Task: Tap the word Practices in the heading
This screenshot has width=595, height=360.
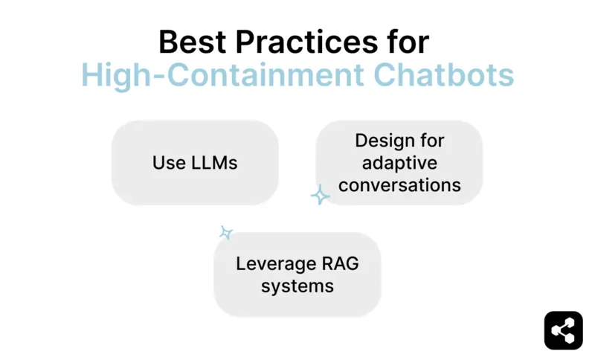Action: (x=305, y=42)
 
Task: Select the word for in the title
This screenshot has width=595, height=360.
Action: (x=406, y=42)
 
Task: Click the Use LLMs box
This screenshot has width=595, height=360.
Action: (x=195, y=163)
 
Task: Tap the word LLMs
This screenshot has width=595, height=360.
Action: (x=213, y=163)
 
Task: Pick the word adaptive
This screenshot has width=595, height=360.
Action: (x=399, y=163)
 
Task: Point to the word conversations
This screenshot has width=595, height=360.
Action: (x=399, y=184)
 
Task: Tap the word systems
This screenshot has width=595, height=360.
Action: (x=297, y=286)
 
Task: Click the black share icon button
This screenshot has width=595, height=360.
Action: (x=563, y=330)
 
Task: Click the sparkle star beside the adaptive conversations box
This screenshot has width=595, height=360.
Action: (x=320, y=195)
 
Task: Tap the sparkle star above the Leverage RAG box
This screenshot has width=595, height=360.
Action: (x=226, y=233)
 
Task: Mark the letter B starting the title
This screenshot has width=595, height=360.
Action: (x=167, y=42)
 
